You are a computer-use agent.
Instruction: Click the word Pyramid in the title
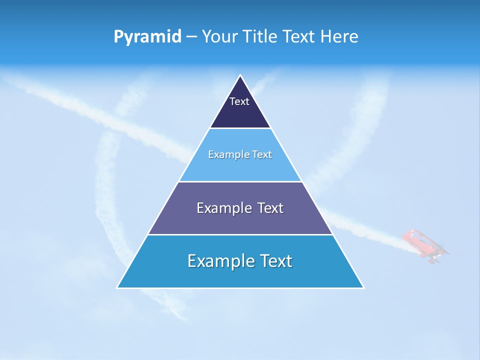[x=147, y=37]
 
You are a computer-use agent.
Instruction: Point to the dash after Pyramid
[x=191, y=37]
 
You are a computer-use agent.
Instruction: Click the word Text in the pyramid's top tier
[x=239, y=101]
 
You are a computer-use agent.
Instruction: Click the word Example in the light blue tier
[x=224, y=154]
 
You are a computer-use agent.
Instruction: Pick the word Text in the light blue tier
[x=262, y=154]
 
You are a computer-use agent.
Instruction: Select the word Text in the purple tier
[x=270, y=208]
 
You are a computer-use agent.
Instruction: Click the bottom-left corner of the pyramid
[x=117, y=287]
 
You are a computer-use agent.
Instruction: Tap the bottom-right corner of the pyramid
[x=363, y=287]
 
